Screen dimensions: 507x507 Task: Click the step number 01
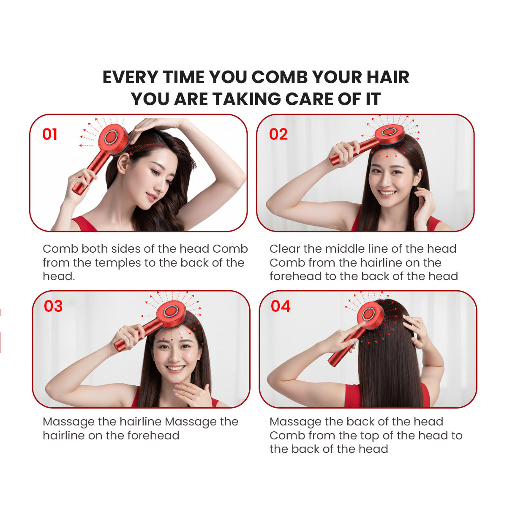click(x=50, y=134)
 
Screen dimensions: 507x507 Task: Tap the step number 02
click(x=278, y=134)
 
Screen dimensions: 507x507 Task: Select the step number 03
click(x=53, y=306)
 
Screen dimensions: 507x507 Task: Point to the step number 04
click(x=281, y=306)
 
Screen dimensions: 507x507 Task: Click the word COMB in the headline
click(x=280, y=77)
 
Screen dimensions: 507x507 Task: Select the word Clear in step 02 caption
click(x=284, y=248)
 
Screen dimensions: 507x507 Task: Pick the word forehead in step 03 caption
click(x=153, y=436)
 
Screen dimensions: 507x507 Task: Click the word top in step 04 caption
click(x=371, y=436)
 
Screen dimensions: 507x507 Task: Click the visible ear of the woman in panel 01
click(x=123, y=163)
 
